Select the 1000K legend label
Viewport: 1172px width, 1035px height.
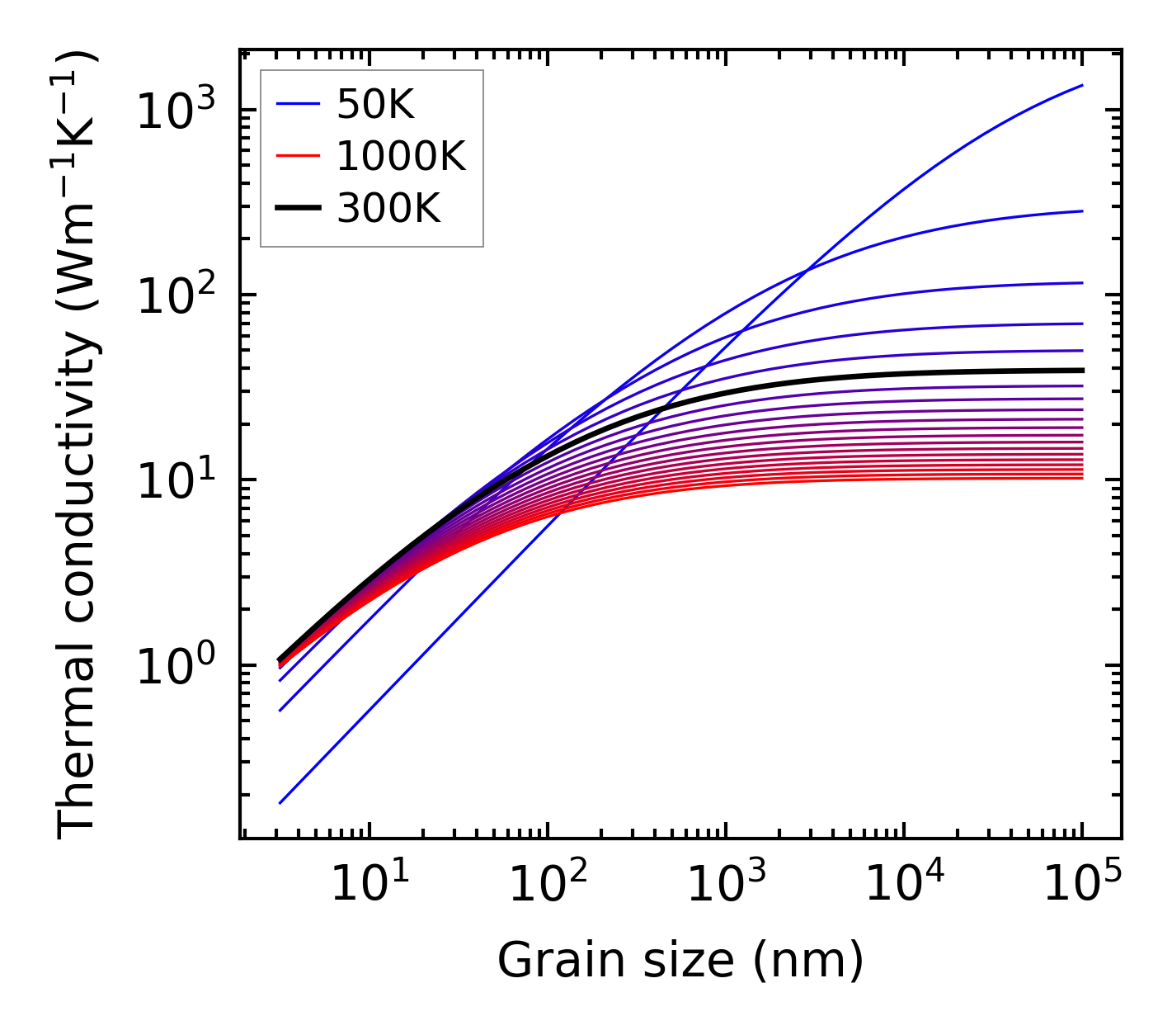pos(401,156)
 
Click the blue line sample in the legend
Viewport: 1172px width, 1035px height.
pos(297,104)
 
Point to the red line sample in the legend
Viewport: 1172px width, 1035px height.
pos(297,156)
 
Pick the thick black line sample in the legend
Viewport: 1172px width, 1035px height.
pos(297,209)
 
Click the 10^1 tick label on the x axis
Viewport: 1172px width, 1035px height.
pos(369,885)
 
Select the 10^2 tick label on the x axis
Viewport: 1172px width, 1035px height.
pos(548,885)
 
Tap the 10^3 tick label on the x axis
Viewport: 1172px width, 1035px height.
pos(726,885)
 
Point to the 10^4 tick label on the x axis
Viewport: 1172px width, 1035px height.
pos(904,885)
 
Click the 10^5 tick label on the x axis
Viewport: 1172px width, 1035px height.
pos(1082,885)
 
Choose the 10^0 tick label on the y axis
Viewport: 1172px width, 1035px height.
pos(176,664)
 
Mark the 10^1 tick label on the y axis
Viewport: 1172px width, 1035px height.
pos(176,480)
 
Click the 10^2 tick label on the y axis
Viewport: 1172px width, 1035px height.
pos(176,295)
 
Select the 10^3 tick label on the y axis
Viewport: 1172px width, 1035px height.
pos(176,110)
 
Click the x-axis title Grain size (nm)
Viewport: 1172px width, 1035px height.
pos(680,961)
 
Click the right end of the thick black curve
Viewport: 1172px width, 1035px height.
pos(1081,370)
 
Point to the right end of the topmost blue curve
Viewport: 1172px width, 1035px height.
pos(1081,85)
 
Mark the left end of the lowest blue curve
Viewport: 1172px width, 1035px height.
pos(280,802)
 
